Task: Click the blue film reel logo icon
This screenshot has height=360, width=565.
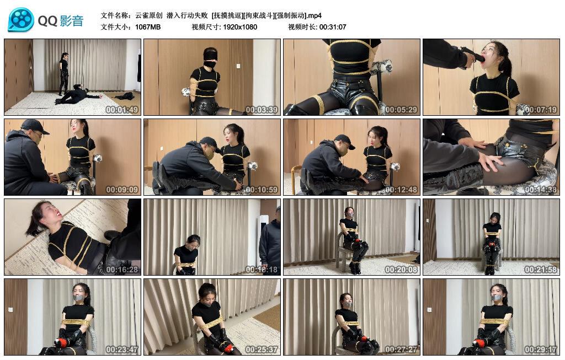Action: coord(20,20)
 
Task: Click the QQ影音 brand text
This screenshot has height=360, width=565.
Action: coord(61,21)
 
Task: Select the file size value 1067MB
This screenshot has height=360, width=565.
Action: coord(148,27)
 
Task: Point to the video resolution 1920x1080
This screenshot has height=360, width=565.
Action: coord(240,27)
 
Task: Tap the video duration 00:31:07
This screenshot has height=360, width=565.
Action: coord(333,27)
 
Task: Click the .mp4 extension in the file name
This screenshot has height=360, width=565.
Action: coord(314,15)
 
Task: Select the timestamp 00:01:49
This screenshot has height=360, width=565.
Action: coord(122,110)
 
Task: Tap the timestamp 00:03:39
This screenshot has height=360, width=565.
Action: coord(262,110)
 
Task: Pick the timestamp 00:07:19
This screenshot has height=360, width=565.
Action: coord(541,110)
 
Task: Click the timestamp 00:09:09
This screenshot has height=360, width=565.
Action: coord(122,189)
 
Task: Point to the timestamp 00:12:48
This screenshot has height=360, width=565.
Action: coord(401,189)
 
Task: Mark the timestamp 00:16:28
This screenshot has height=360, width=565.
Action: coord(122,269)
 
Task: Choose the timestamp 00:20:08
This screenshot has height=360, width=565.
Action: coord(401,269)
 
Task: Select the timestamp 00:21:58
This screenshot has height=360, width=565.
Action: coord(541,269)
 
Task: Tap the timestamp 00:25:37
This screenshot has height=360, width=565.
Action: coord(262,349)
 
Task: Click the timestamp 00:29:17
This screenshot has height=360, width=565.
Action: coord(541,349)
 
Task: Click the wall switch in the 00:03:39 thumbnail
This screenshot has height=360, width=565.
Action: coord(238,66)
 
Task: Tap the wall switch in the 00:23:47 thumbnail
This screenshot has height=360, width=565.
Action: coord(10,309)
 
